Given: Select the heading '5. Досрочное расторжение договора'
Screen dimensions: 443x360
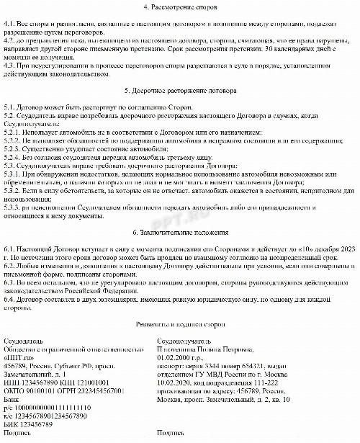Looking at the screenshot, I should (x=179, y=91).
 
